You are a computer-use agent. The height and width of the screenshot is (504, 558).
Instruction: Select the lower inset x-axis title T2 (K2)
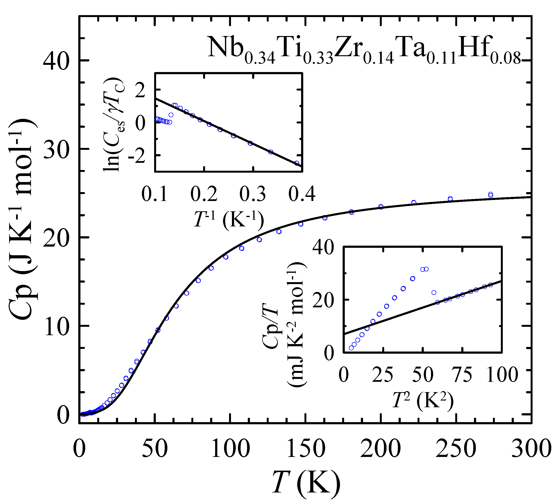[x=423, y=401]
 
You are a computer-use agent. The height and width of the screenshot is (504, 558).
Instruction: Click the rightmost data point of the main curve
[x=491, y=194]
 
